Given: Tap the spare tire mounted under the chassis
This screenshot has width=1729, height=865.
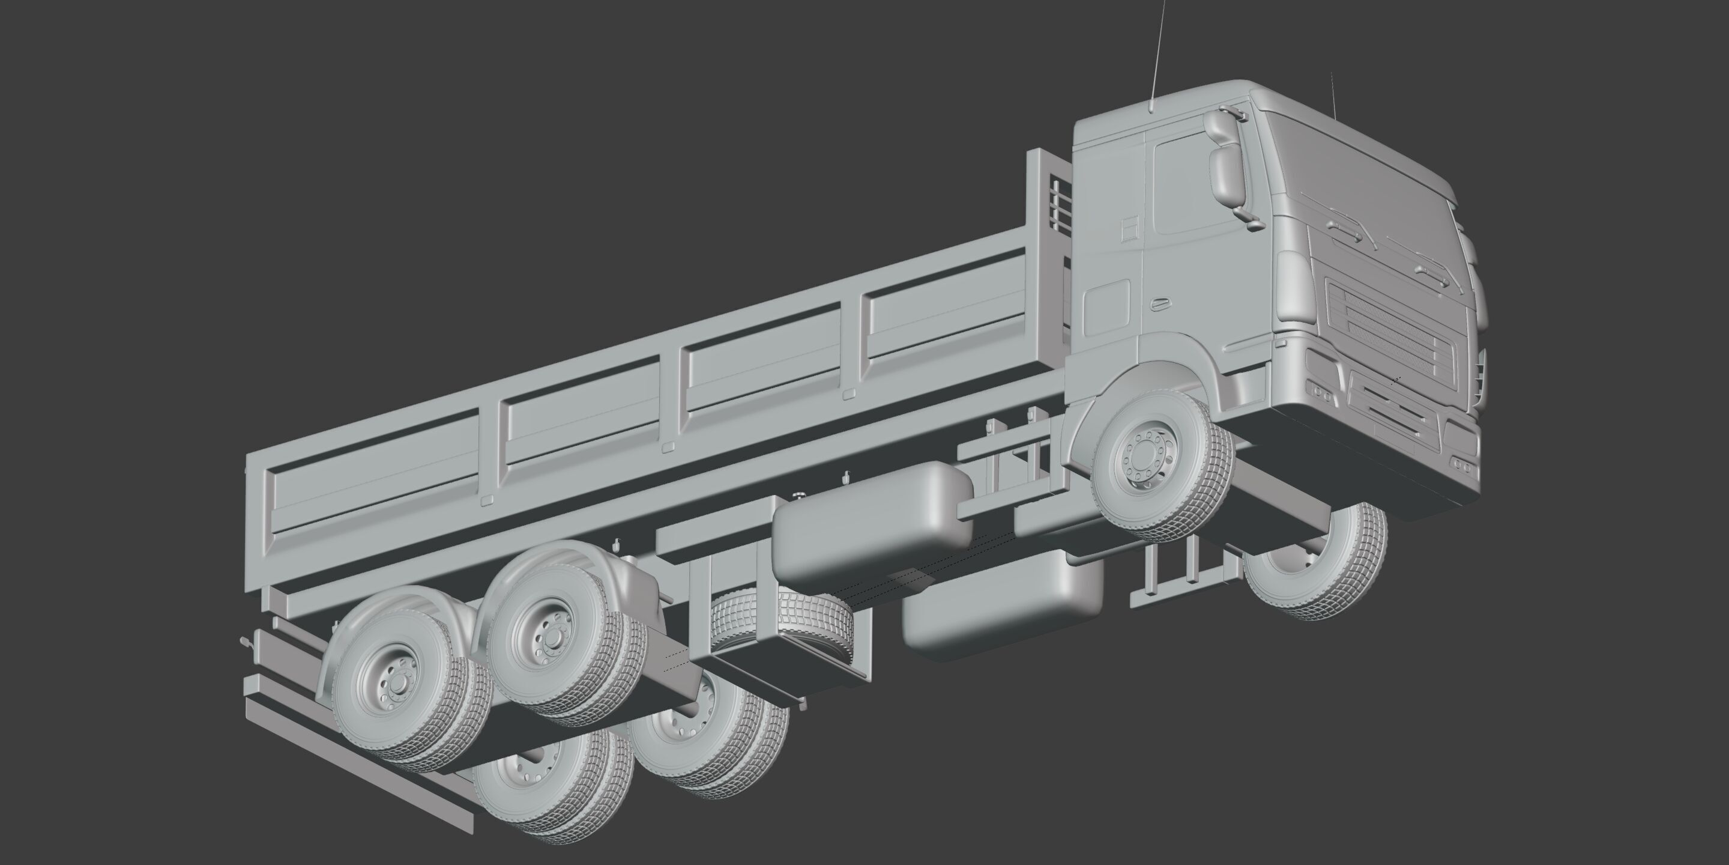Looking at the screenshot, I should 779,621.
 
